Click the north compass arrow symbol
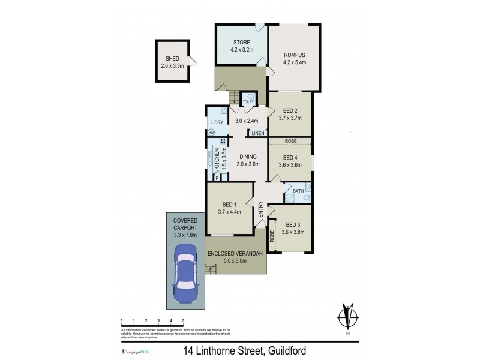click(x=346, y=316)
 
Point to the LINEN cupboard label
click(x=259, y=133)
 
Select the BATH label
click(x=298, y=191)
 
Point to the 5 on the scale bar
click(x=183, y=322)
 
